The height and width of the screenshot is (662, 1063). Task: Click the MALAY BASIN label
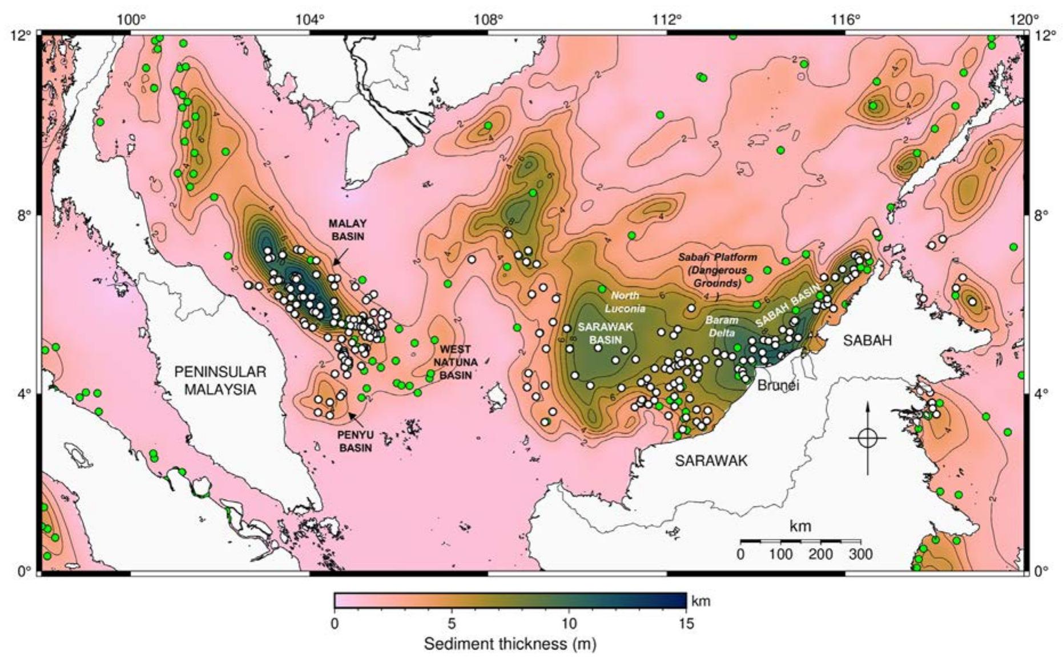pyautogui.click(x=347, y=229)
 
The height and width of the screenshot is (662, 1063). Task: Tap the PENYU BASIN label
pyautogui.click(x=355, y=441)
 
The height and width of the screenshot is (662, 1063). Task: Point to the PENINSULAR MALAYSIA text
pyautogui.click(x=220, y=381)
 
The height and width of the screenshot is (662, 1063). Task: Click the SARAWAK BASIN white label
pyautogui.click(x=599, y=333)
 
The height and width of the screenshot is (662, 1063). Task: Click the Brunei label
pyautogui.click(x=778, y=385)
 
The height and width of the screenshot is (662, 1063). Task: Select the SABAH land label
pyautogui.click(x=867, y=340)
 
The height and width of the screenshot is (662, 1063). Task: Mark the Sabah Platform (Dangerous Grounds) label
pyautogui.click(x=718, y=270)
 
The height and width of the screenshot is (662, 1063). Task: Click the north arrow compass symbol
pyautogui.click(x=867, y=437)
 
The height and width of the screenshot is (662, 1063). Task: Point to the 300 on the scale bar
pyautogui.click(x=861, y=554)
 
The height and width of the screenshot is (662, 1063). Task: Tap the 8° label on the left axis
pyautogui.click(x=24, y=215)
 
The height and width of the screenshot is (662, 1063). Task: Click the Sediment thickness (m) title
pyautogui.click(x=510, y=644)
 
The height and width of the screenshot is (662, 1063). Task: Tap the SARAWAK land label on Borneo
pyautogui.click(x=711, y=460)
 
